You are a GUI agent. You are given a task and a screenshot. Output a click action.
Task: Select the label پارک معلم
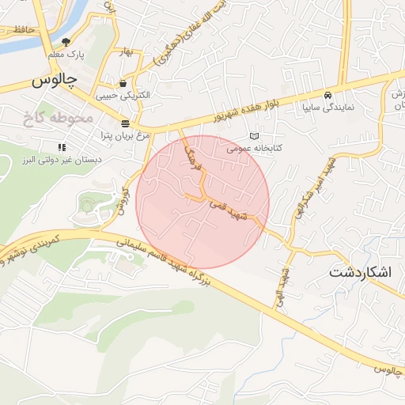[66, 55]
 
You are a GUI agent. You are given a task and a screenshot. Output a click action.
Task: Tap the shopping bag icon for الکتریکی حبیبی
[123, 83]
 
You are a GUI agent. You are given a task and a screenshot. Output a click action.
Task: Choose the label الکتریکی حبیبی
[123, 95]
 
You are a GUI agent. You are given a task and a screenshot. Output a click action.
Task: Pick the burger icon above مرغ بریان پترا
[125, 123]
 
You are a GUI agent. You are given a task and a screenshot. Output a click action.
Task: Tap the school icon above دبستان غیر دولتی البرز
[61, 147]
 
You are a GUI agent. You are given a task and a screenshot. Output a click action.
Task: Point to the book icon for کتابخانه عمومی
[253, 136]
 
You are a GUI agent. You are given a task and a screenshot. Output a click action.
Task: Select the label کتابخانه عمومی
[255, 148]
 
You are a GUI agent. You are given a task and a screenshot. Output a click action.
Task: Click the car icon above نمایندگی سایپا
[328, 94]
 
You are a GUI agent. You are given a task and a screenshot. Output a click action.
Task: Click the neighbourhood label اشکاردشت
[364, 272]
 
